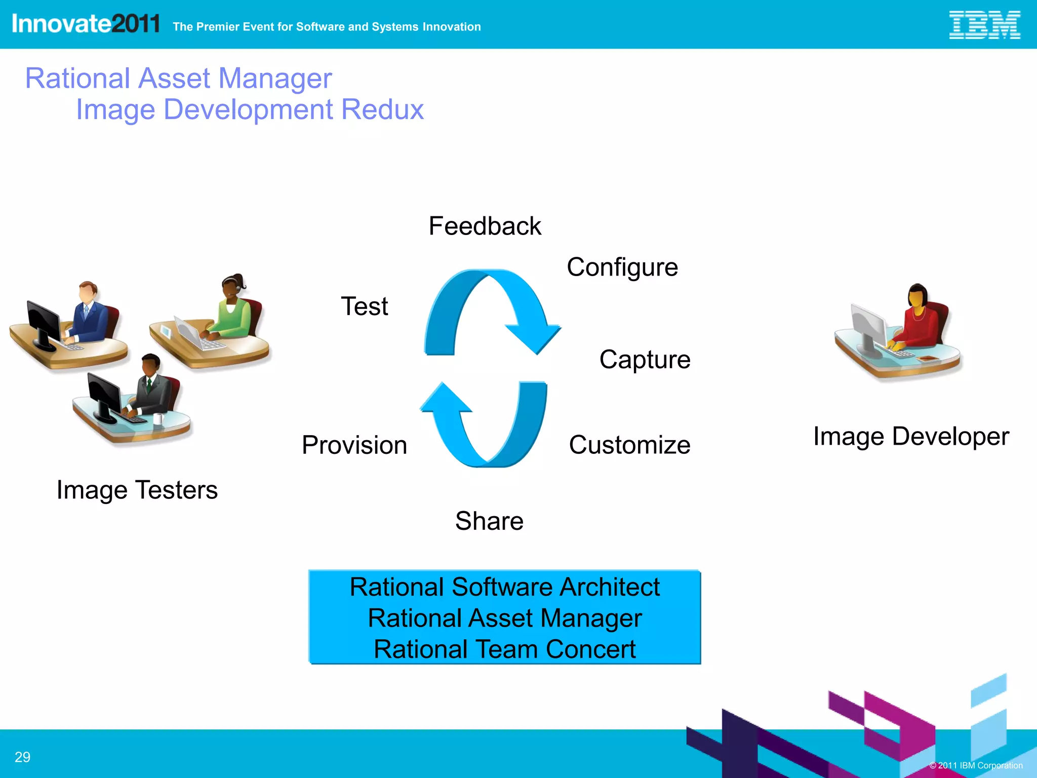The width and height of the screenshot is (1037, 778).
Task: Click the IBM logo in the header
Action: pos(984,25)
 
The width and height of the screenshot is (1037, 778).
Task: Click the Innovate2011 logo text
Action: pos(86,24)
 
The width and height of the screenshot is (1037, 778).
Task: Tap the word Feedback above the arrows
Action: pos(485,226)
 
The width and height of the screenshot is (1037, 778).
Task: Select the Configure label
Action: pos(622,267)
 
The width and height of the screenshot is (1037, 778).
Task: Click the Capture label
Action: pos(645,360)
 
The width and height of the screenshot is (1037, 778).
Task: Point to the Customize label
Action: pos(629,445)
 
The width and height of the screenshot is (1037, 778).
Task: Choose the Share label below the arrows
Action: pos(489,521)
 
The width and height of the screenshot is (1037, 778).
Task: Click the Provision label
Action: pos(354,445)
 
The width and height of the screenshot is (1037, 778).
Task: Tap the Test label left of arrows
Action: pos(365,306)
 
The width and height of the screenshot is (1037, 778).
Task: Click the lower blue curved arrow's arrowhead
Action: pos(445,398)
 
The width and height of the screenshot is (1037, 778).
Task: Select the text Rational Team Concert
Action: pos(504,649)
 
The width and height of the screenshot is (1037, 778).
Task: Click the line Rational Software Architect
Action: pos(504,587)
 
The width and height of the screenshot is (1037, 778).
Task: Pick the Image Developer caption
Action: pos(911,436)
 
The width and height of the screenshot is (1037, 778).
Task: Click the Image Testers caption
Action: pos(137,490)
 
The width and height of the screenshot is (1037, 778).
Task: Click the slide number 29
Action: pos(22,757)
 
